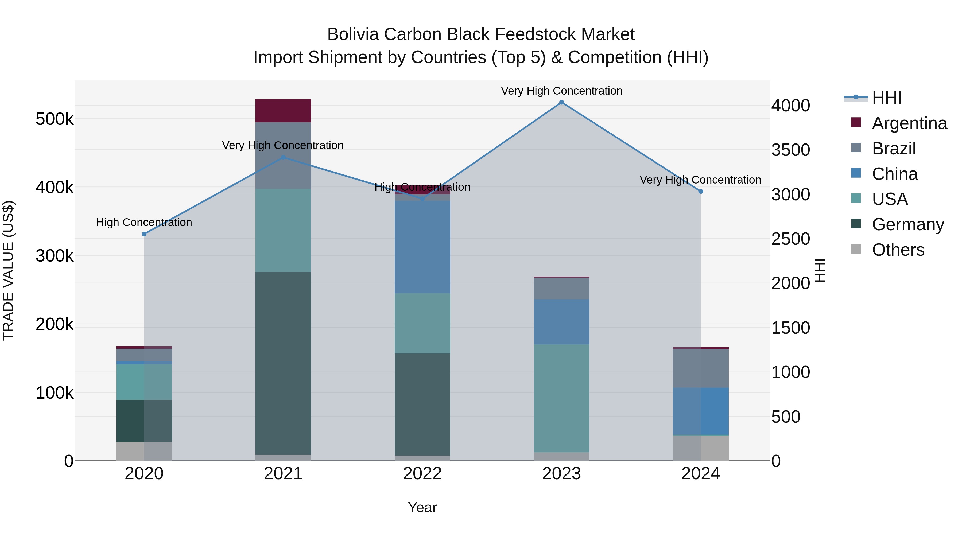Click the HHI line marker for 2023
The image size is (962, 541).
point(561,102)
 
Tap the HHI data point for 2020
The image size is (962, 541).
point(144,234)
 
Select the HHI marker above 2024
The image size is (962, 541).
point(701,192)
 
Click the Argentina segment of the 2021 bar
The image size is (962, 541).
point(283,111)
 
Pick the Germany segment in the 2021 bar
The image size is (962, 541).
point(283,363)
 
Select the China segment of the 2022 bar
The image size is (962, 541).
point(422,247)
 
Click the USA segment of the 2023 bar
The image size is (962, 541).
point(561,398)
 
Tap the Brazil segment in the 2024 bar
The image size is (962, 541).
point(701,368)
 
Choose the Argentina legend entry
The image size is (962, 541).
point(909,123)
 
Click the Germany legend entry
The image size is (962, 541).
point(908,224)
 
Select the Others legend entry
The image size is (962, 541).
point(898,250)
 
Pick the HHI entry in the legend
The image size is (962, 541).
point(887,98)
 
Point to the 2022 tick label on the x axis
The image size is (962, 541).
point(422,474)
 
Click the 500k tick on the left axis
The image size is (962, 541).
point(55,119)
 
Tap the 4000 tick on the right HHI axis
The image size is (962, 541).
point(791,106)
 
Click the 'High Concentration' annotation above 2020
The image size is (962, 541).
point(144,222)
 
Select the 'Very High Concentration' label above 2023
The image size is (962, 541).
point(561,91)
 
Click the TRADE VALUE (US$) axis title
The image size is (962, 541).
point(8,270)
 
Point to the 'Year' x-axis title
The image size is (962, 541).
point(422,507)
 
